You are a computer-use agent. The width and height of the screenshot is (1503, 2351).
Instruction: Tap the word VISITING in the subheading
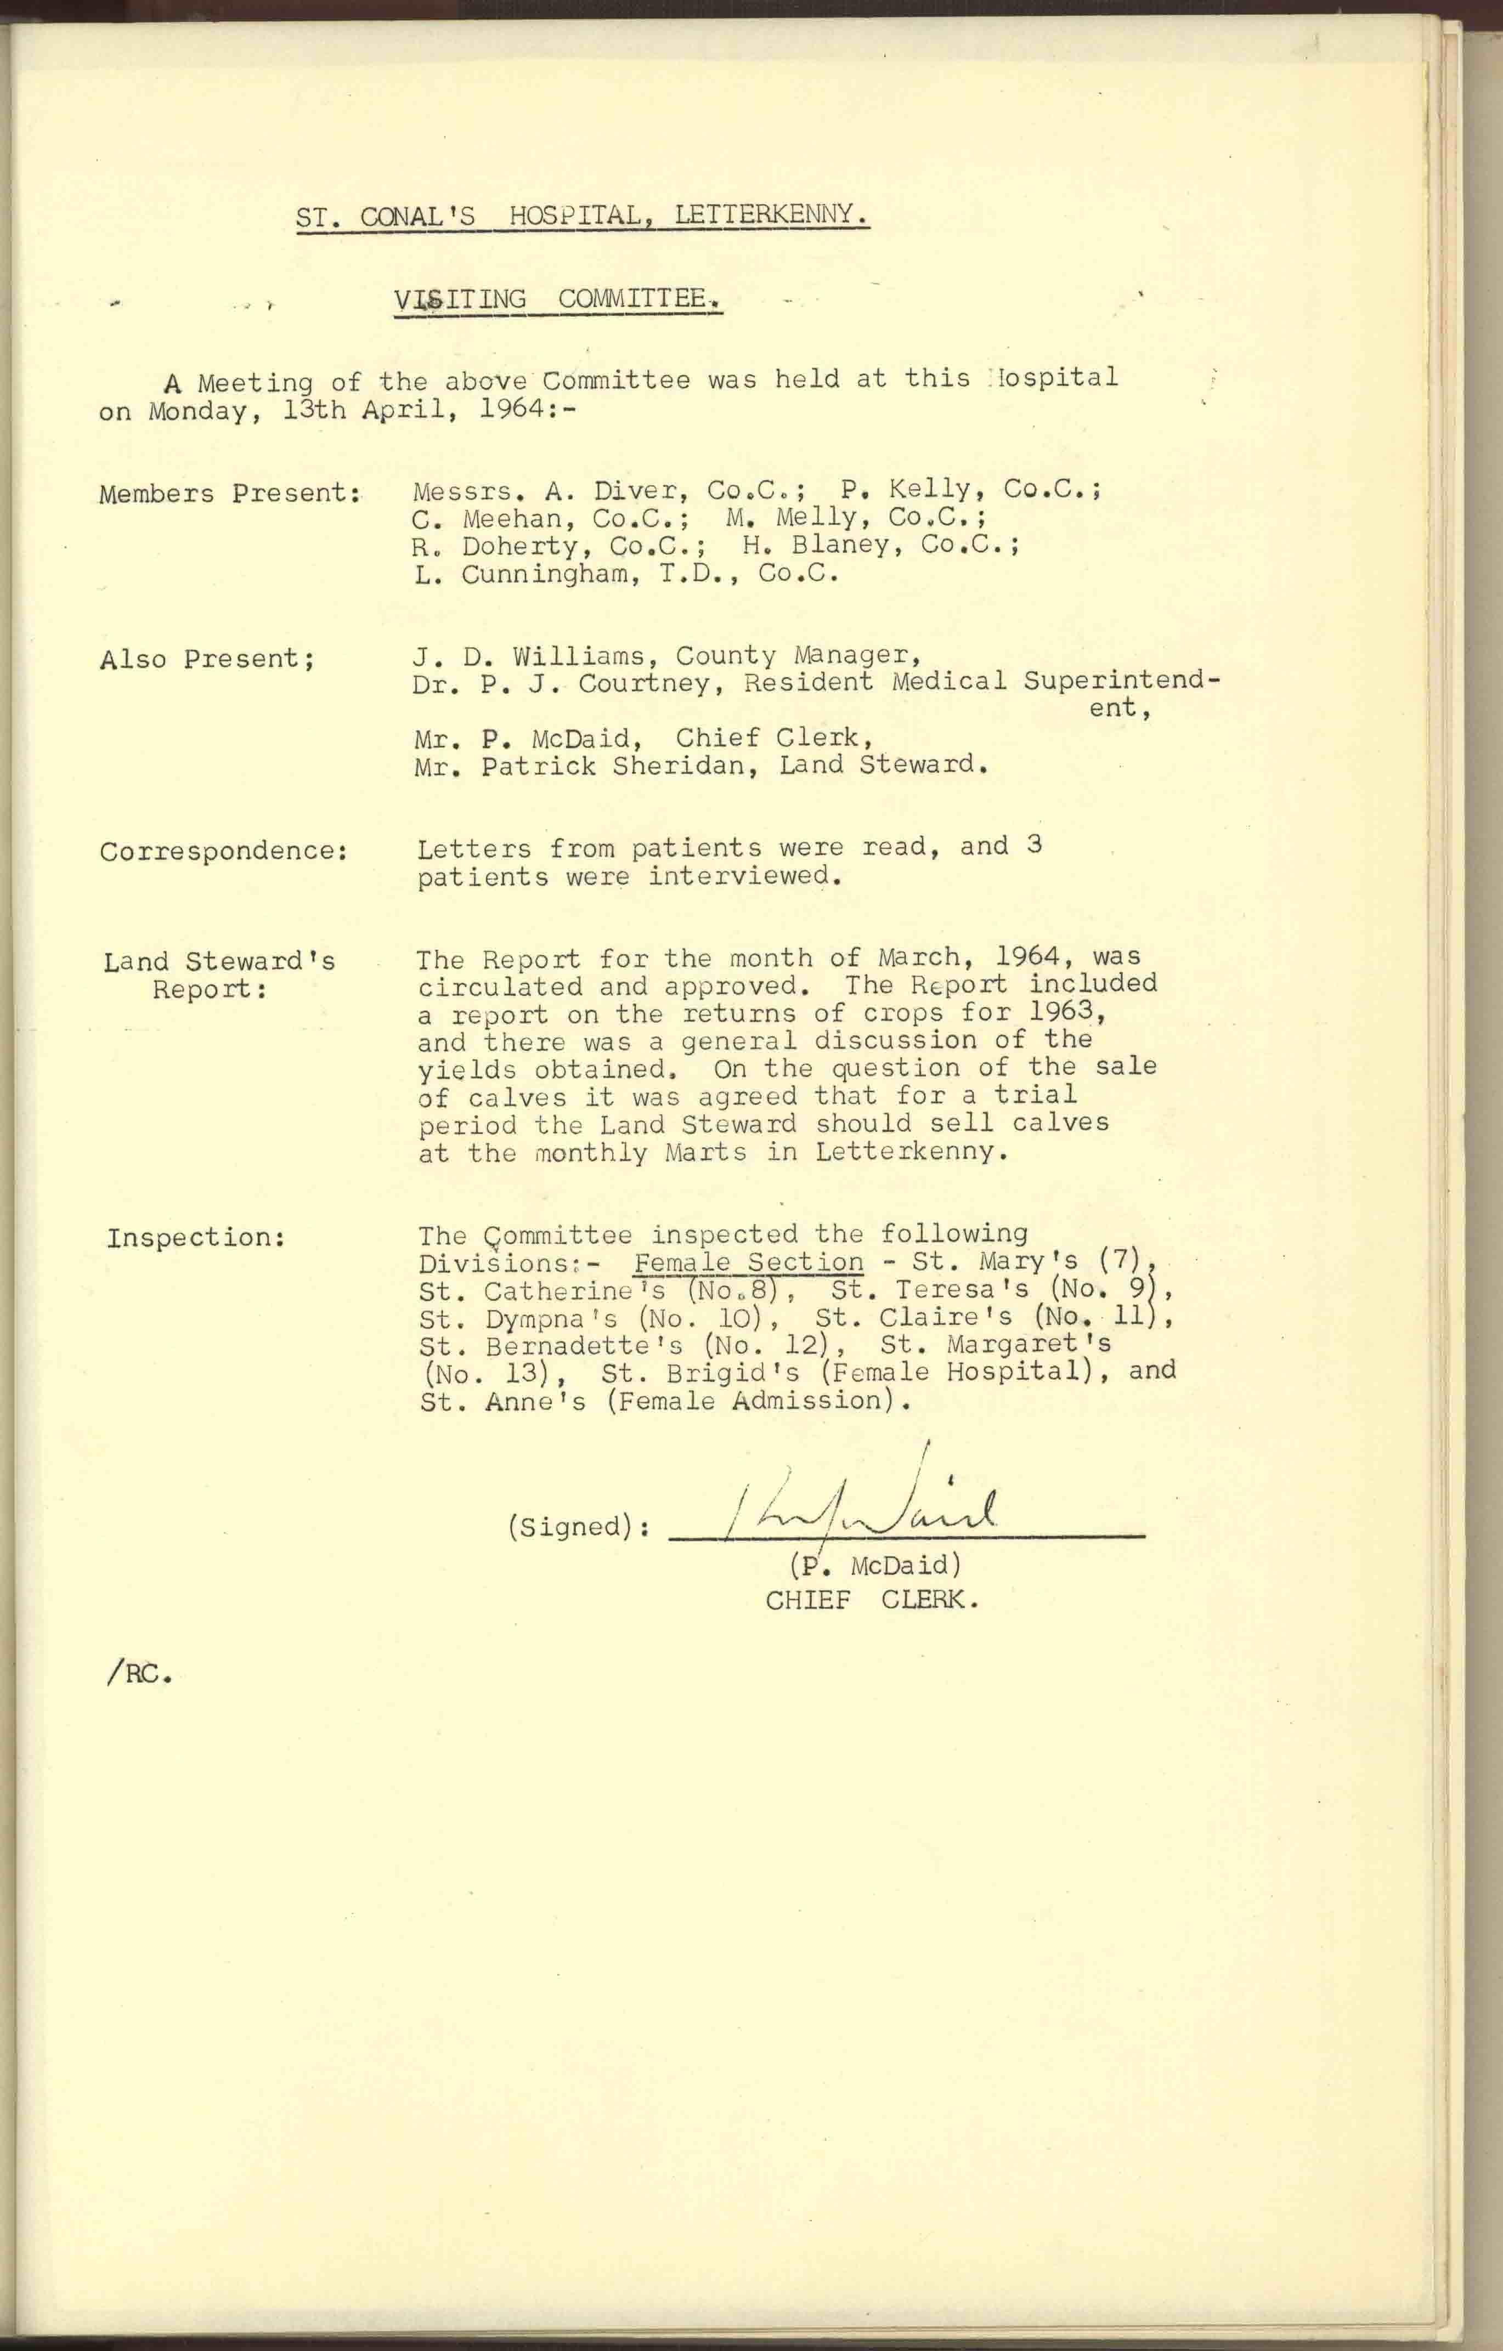click(x=460, y=300)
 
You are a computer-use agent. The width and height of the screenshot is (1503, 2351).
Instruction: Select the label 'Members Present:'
click(x=229, y=493)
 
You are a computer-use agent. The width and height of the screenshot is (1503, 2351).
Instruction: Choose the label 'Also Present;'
click(x=207, y=660)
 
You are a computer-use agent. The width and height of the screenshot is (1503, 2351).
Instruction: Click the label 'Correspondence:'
click(x=224, y=851)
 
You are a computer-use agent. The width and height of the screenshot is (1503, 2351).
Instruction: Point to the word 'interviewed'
click(x=744, y=876)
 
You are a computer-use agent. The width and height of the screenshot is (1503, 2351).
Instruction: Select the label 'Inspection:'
click(x=195, y=1238)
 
